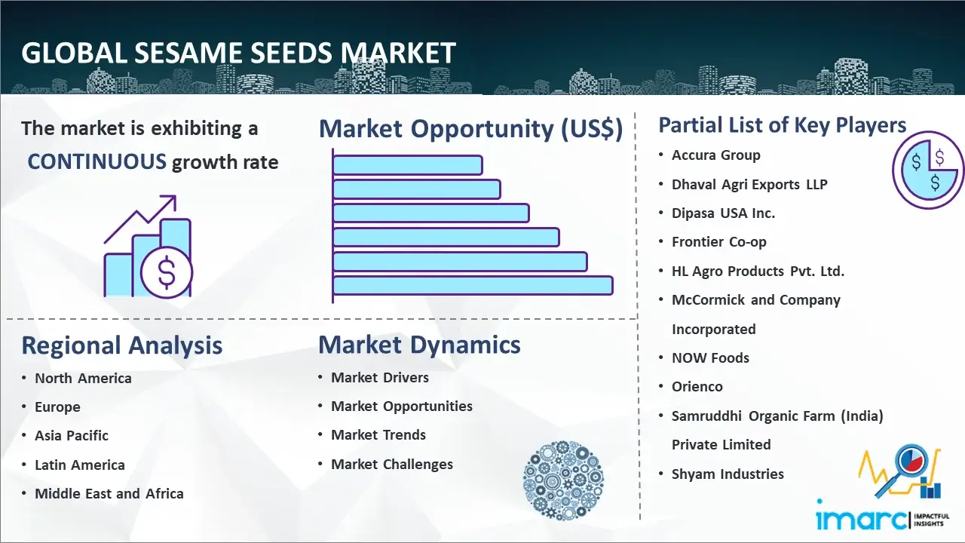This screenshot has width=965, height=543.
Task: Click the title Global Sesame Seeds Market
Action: [x=238, y=53]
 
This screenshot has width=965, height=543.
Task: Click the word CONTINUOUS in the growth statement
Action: [x=96, y=161]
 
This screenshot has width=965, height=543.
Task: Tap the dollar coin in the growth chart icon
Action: [x=167, y=273]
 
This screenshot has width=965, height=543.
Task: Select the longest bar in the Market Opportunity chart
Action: [x=473, y=285]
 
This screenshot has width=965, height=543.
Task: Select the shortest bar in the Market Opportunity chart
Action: [x=407, y=164]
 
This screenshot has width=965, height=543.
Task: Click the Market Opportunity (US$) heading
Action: [x=470, y=129]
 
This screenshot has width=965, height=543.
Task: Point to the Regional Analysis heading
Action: [x=121, y=345]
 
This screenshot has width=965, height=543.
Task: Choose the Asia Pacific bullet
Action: [x=72, y=436]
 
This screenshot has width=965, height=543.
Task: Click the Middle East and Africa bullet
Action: [x=109, y=494]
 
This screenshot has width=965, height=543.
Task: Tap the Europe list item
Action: [x=57, y=407]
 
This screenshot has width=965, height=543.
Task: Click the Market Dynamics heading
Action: [x=419, y=345]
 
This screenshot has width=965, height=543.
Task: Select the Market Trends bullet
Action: [x=378, y=435]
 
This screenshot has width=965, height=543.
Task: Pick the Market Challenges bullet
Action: [x=392, y=465]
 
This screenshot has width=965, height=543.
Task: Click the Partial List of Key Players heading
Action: [x=782, y=124]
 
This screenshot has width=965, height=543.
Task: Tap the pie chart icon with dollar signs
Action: [x=927, y=170]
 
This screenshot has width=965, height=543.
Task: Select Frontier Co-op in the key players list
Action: [x=718, y=242]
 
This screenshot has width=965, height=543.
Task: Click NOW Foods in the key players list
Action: [x=710, y=358]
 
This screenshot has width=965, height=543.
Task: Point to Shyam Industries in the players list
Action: [x=728, y=474]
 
